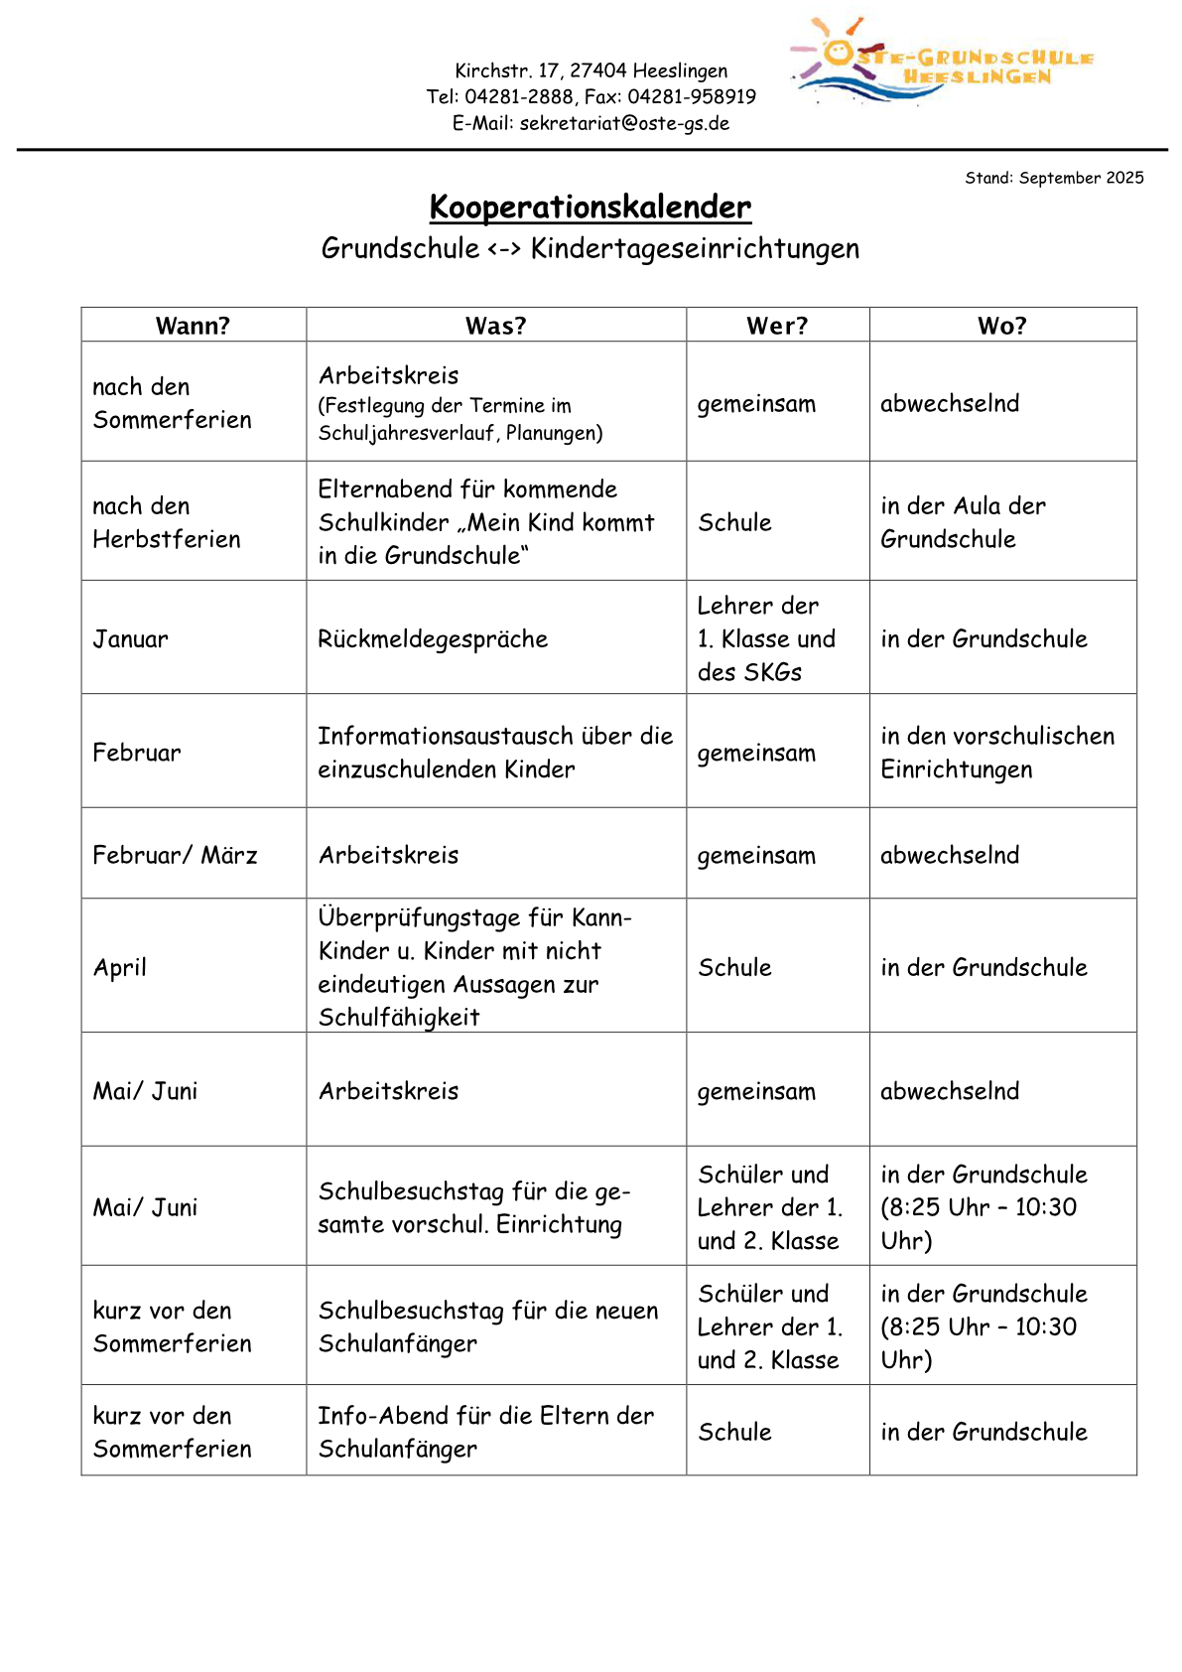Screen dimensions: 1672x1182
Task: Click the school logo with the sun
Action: click(x=941, y=63)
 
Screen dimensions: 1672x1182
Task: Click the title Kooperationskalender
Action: click(x=590, y=207)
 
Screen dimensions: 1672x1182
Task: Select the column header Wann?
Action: click(x=193, y=326)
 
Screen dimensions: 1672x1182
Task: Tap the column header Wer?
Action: click(x=777, y=326)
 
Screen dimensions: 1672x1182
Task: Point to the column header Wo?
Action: click(x=1001, y=326)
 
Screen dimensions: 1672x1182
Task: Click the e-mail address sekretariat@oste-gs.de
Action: click(x=624, y=123)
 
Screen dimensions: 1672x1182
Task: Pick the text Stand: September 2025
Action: click(x=1054, y=178)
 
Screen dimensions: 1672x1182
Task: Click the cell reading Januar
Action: click(x=131, y=638)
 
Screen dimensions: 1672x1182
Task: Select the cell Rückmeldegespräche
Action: click(x=433, y=638)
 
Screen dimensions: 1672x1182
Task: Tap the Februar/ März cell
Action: click(x=175, y=855)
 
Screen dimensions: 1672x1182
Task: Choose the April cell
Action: click(x=120, y=967)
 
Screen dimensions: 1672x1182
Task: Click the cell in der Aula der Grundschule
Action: click(x=963, y=522)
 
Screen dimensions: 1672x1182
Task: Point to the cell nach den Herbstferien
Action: click(x=166, y=522)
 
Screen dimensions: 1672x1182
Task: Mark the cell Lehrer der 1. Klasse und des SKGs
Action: click(x=766, y=638)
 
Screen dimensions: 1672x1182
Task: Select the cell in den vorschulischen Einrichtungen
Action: click(x=996, y=753)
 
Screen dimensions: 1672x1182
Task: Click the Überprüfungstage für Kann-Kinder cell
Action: click(x=474, y=966)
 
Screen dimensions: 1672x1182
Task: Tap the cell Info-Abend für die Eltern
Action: click(x=485, y=1432)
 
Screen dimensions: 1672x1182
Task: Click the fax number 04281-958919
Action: click(x=692, y=97)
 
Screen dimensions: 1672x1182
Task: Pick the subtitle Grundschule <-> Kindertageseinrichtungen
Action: click(x=590, y=248)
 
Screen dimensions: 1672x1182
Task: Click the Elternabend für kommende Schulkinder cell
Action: click(x=485, y=522)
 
